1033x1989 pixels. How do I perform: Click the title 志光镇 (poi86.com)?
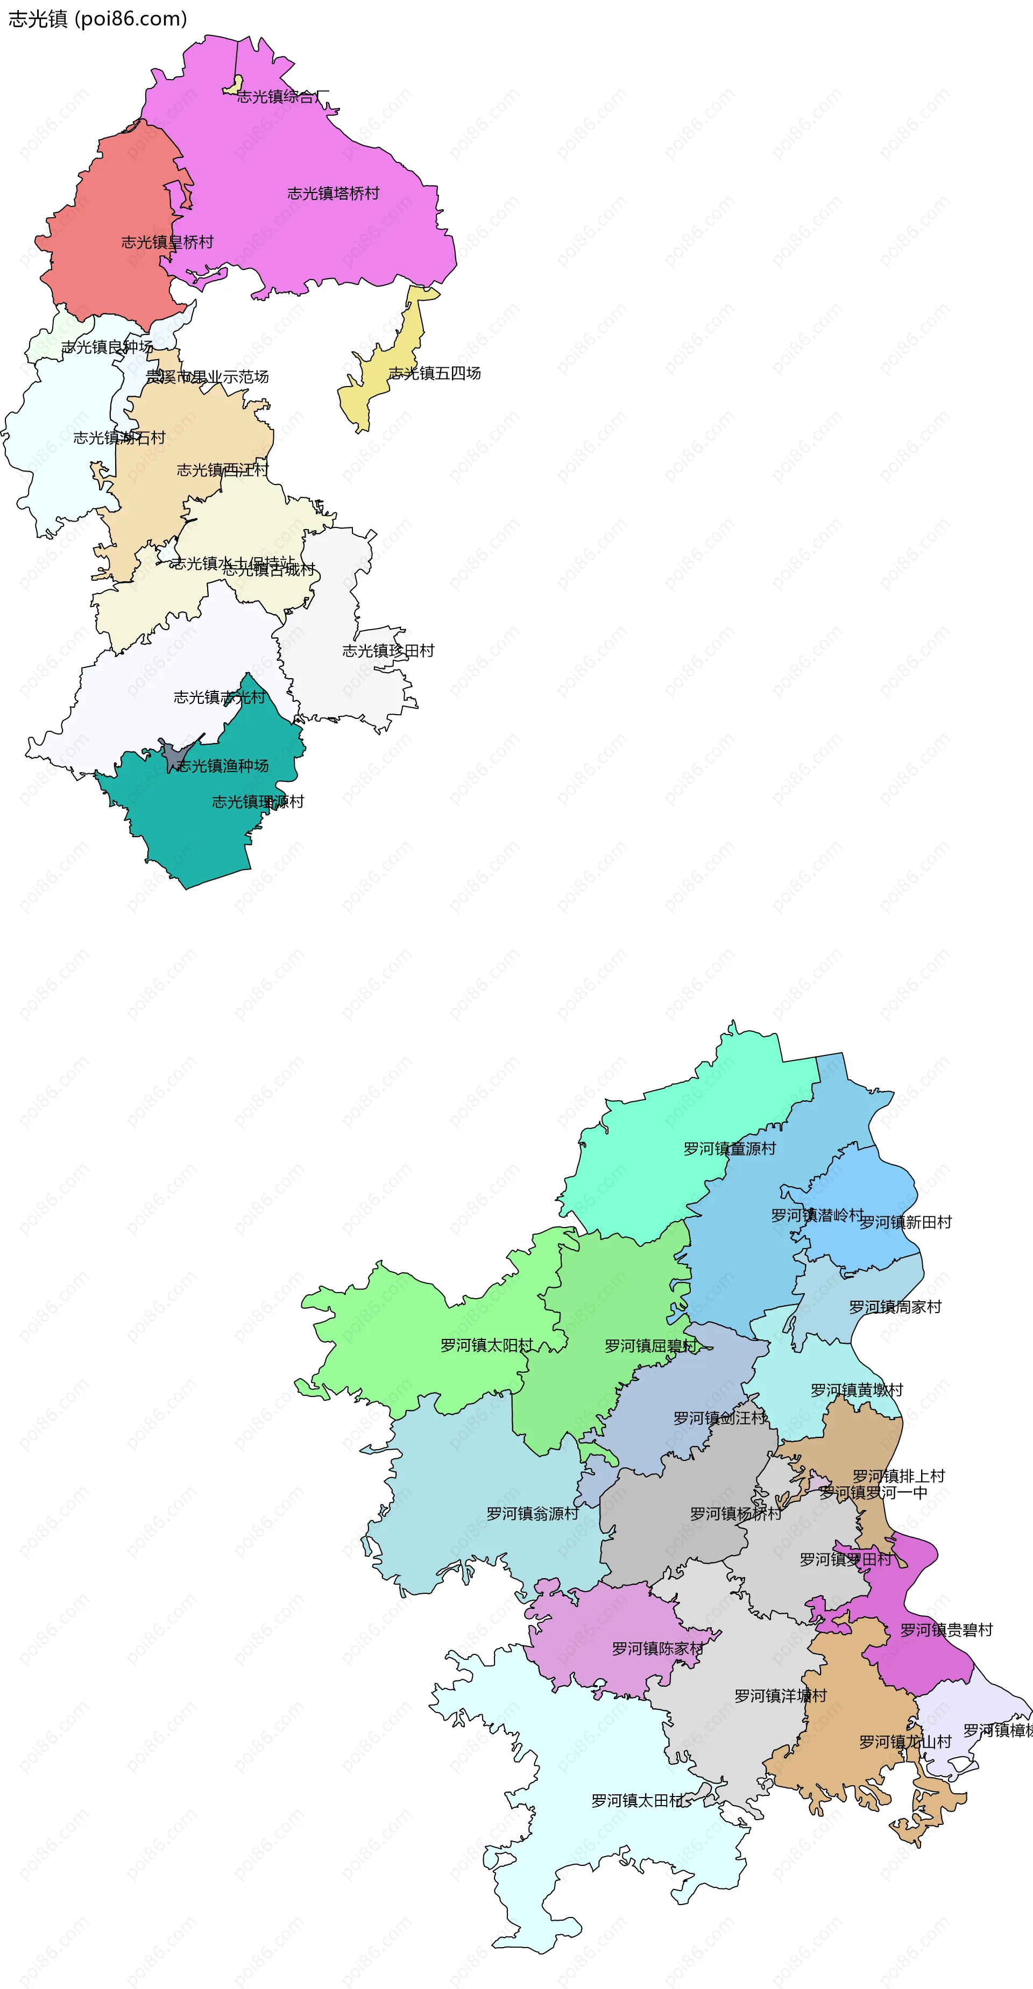coord(97,18)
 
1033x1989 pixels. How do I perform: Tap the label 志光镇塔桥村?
coord(333,193)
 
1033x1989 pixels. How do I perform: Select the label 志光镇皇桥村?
coord(167,243)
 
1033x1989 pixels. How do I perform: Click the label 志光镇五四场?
coord(434,374)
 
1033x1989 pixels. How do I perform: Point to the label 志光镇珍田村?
coord(388,651)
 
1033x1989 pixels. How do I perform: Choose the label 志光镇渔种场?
coord(223,765)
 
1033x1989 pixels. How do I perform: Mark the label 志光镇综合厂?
coord(283,96)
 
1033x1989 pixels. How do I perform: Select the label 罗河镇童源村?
coord(730,1149)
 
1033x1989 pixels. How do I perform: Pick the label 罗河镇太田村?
coord(638,1801)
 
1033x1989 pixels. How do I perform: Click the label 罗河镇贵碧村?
coord(946,1630)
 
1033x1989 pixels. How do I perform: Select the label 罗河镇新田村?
coord(905,1222)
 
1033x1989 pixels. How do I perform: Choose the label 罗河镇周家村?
coord(895,1307)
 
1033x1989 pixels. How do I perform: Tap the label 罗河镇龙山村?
coord(905,1742)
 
